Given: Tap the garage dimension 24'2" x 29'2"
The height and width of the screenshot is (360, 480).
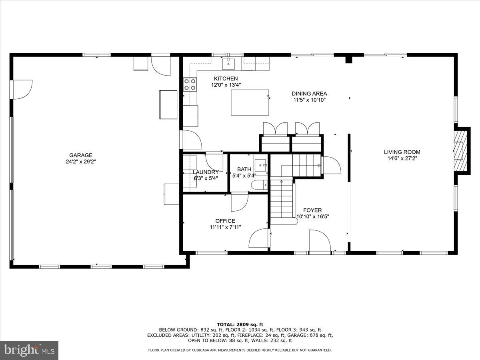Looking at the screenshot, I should click(x=81, y=162).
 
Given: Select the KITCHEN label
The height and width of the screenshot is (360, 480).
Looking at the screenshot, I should click(x=226, y=78).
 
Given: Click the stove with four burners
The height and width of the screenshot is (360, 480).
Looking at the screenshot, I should click(x=190, y=84).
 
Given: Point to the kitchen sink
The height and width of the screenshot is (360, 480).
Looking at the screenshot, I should click(x=230, y=62).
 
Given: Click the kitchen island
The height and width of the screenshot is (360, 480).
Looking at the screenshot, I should click(x=250, y=102).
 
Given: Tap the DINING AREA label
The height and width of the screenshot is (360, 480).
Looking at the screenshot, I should click(x=309, y=94).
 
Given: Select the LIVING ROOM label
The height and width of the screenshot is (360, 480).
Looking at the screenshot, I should click(x=402, y=152).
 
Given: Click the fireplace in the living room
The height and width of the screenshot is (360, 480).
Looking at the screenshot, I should click(x=461, y=150).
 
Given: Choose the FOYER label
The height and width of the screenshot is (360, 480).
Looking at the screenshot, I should click(x=312, y=210).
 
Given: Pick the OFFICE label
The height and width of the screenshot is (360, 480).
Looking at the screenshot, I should click(x=225, y=221).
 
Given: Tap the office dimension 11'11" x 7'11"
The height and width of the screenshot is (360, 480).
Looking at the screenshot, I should click(x=225, y=227).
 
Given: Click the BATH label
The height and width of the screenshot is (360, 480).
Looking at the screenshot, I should click(x=244, y=169).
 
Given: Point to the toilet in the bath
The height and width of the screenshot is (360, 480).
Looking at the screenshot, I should click(x=259, y=185).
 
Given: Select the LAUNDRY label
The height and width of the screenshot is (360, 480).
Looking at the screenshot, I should click(x=206, y=172).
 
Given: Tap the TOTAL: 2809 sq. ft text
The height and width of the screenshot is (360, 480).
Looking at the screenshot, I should click(x=240, y=324).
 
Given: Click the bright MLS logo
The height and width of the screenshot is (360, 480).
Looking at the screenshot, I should click(x=29, y=350).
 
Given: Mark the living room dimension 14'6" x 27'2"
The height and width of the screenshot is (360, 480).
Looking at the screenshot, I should click(x=402, y=158).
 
